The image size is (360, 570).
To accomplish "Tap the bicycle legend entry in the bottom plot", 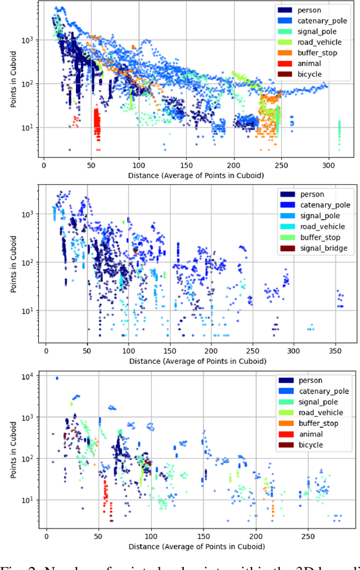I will click(312, 445).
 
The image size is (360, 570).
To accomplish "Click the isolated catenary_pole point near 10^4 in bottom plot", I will click(57, 378).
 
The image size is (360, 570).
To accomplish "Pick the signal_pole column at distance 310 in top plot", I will click(339, 135).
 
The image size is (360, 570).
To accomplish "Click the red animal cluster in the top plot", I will click(97, 124).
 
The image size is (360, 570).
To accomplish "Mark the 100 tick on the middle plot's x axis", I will click(128, 350).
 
